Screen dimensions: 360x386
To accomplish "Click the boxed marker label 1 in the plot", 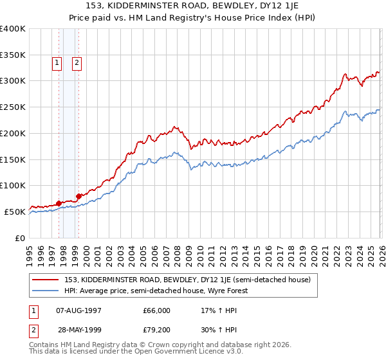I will (x=57, y=63).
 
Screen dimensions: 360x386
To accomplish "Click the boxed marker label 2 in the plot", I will (x=77, y=63).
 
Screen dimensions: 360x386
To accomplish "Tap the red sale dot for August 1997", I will (x=59, y=203).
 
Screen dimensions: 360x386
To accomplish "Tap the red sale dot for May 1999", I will (x=78, y=196).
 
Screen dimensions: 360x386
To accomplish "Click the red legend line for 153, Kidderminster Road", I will (x=46, y=280).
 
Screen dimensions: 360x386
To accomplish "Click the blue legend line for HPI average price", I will (x=46, y=291).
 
